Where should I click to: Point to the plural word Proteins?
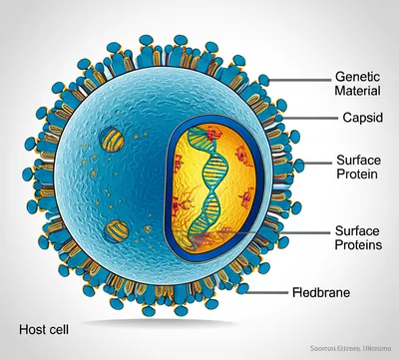[x=357, y=245]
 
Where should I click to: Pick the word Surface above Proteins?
[x=357, y=229]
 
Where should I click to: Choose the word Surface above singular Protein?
[x=357, y=160]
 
